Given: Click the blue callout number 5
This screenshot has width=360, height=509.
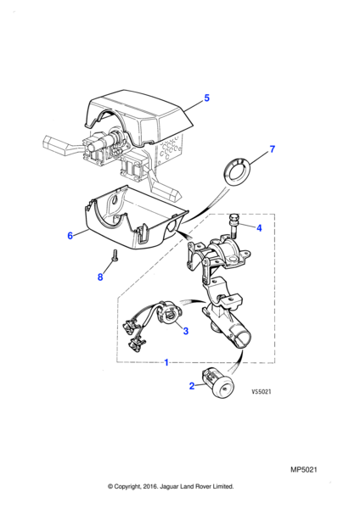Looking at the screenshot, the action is [x=206, y=98].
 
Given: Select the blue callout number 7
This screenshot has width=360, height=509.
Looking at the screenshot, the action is [x=273, y=149].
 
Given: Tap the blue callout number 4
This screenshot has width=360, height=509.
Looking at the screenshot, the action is [x=259, y=228].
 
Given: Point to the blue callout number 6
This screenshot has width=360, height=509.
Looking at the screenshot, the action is [x=70, y=235].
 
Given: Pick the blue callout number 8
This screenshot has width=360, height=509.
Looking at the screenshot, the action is [x=100, y=277].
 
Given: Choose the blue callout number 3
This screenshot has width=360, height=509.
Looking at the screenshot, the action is [x=186, y=331].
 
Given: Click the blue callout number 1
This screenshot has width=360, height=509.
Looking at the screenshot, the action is [x=166, y=362].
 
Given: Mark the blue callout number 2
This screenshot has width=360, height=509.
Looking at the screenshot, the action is [x=192, y=386].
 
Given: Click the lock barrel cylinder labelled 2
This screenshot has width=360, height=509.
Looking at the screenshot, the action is [x=217, y=383].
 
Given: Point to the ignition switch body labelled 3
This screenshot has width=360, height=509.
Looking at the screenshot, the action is [x=169, y=314].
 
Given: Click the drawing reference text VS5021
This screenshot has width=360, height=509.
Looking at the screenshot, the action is [x=262, y=392].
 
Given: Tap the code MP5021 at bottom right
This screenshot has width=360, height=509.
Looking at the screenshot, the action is [x=303, y=470].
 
